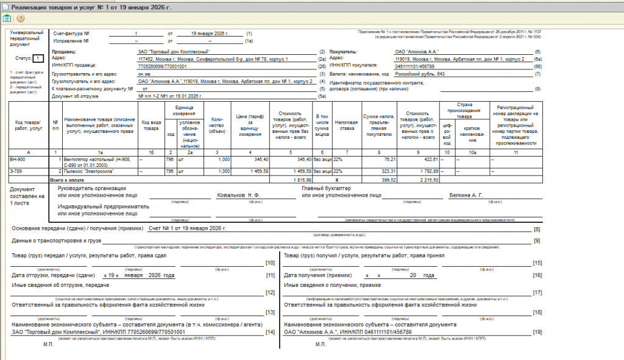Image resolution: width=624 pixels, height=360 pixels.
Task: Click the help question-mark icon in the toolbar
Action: (x=19, y=18)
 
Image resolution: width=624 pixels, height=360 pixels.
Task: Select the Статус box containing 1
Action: (x=38, y=58)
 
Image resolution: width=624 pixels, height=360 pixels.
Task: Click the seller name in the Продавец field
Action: (x=174, y=52)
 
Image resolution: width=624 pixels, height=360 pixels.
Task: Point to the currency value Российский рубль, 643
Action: (x=420, y=74)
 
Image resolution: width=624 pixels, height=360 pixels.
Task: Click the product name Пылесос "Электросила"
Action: (x=90, y=172)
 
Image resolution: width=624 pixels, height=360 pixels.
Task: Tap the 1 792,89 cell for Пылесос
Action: (x=427, y=172)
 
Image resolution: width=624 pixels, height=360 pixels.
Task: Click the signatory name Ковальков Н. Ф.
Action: (x=238, y=196)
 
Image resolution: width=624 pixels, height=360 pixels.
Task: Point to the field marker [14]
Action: (x=270, y=332)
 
